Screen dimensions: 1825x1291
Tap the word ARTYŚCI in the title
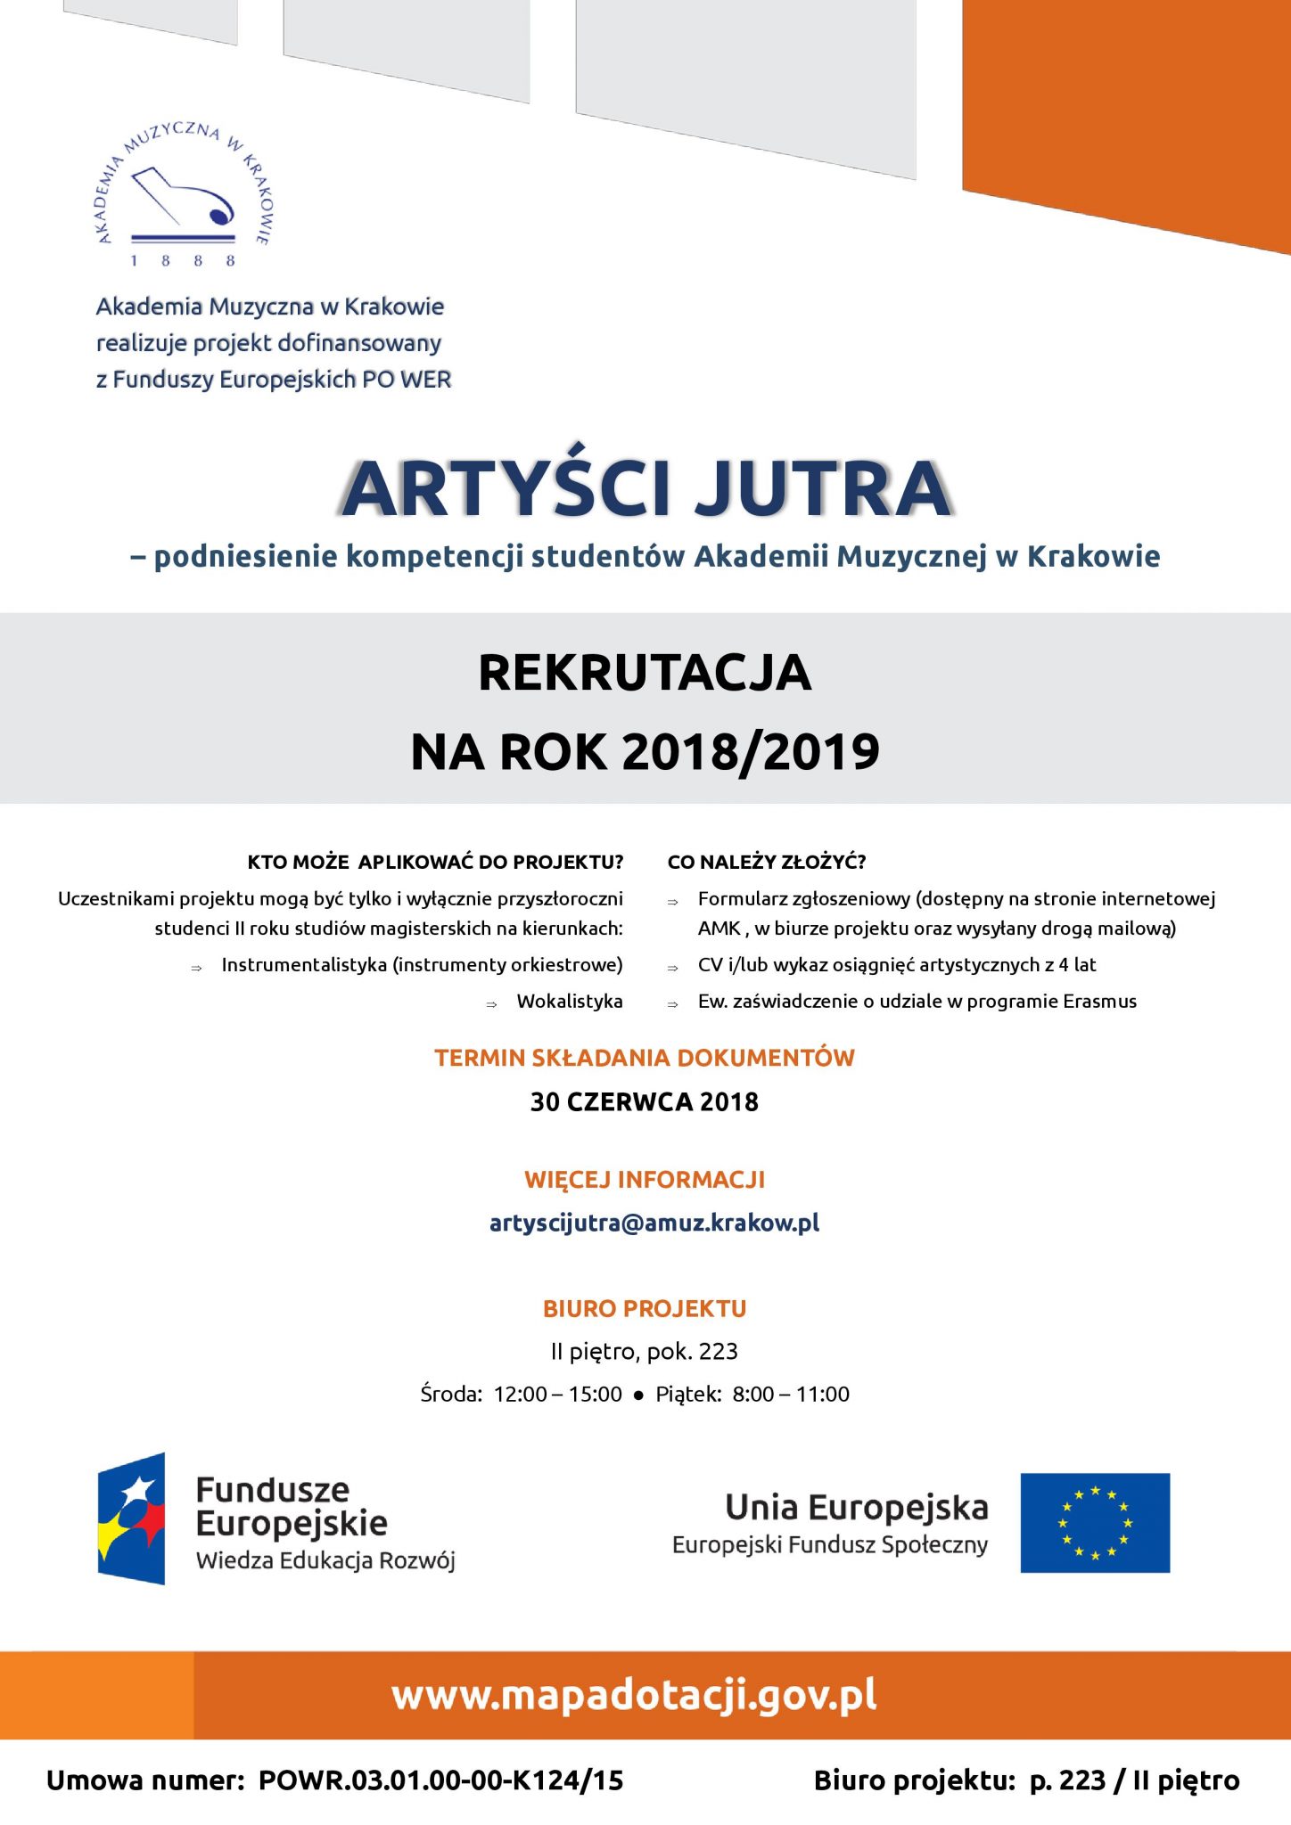(x=506, y=488)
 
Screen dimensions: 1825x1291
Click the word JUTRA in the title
(x=822, y=488)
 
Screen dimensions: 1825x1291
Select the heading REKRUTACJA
(x=645, y=673)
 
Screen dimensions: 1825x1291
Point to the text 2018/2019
(x=751, y=751)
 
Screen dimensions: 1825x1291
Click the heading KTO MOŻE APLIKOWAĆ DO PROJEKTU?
(x=435, y=862)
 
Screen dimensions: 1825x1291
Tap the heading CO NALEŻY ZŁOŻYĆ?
(x=767, y=862)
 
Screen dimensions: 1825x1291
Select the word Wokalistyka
(x=570, y=1001)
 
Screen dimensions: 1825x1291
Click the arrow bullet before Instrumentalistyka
(x=196, y=968)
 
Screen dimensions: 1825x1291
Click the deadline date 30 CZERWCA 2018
(x=645, y=1102)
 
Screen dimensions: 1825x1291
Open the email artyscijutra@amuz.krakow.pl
(x=654, y=1223)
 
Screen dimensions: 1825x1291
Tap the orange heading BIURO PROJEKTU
(x=645, y=1308)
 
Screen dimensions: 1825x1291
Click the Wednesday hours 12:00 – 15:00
(x=557, y=1394)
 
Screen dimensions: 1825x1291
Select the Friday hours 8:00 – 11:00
(x=790, y=1394)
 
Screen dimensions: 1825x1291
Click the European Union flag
(x=1095, y=1523)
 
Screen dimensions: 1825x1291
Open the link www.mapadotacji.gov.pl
(x=634, y=1695)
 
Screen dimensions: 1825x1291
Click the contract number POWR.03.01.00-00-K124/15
(x=440, y=1780)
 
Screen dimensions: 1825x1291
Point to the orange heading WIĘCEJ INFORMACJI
(x=645, y=1180)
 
